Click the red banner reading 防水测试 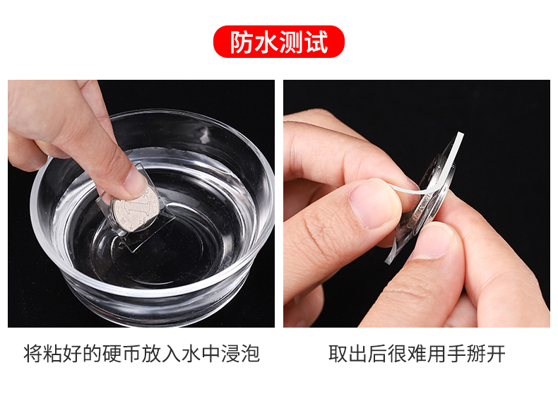tap(278, 42)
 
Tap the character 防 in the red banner tap(242, 42)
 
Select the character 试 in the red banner tap(316, 42)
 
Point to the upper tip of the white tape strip tap(461, 134)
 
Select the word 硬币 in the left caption tap(122, 354)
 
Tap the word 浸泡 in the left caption tap(241, 354)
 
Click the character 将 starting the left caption tap(33, 354)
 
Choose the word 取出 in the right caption tap(348, 354)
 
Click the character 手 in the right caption tap(456, 354)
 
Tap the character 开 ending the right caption tap(496, 354)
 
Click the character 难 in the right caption tap(417, 354)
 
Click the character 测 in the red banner tap(291, 42)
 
